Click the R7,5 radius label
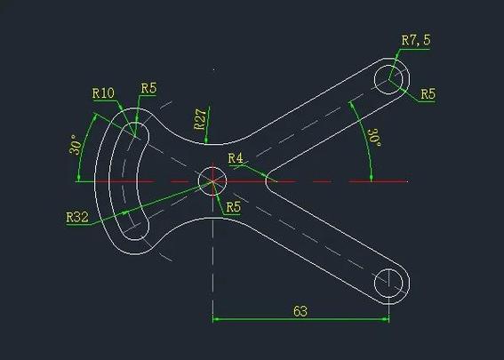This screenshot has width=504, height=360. (415, 40)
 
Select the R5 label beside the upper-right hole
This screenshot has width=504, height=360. (428, 93)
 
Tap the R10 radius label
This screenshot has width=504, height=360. (103, 92)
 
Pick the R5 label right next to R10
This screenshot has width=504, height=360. (148, 87)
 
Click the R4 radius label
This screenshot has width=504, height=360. (236, 158)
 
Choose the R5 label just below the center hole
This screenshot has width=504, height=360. (232, 207)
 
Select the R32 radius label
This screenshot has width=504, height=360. (77, 216)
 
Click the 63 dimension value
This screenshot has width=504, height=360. (300, 310)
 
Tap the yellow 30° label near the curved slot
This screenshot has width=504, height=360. (77, 144)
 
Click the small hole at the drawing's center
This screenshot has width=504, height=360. (212, 181)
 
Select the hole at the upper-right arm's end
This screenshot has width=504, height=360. (390, 78)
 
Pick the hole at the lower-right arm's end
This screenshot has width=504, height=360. (390, 284)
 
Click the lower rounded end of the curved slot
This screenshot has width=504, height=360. (135, 231)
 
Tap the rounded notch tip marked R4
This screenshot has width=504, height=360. (268, 181)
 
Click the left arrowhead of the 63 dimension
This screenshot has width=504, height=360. (217, 318)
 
